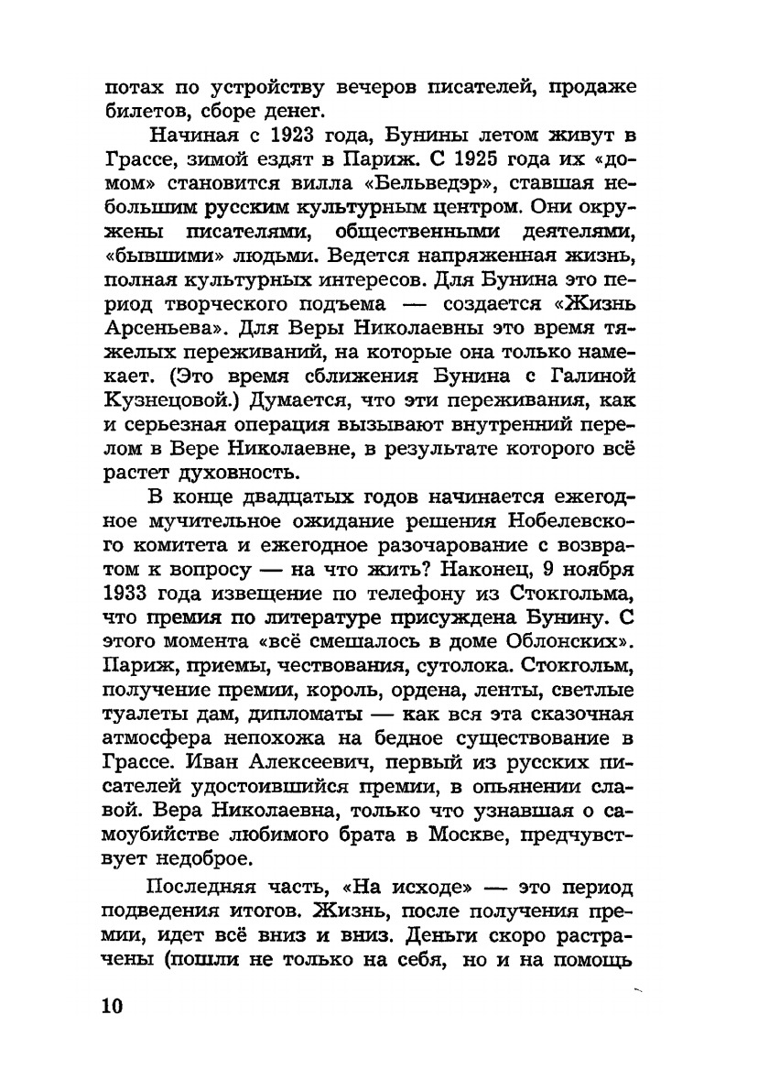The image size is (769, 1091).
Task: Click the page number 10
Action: point(111,1004)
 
